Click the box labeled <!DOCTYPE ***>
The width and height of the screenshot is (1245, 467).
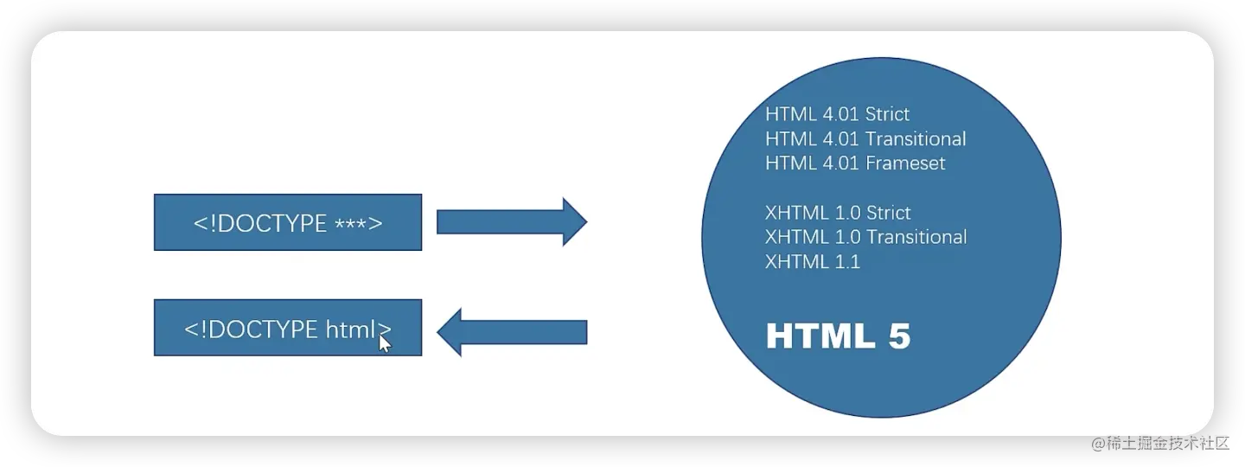point(287,222)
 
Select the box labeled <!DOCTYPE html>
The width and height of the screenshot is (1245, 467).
point(287,328)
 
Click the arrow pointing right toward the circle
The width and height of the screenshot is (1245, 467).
point(511,222)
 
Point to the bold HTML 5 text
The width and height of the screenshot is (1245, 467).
point(838,336)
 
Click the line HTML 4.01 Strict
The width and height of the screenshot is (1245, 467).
point(837,114)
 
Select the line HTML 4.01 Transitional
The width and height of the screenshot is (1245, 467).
point(865,138)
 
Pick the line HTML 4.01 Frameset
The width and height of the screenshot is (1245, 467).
point(855,163)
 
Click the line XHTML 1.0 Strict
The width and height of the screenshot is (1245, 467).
point(838,213)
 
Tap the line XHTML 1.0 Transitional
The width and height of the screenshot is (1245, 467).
point(865,237)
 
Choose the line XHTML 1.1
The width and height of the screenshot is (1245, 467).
point(813,261)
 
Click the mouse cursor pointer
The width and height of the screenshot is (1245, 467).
point(385,343)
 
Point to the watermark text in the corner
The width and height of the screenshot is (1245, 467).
point(1159,442)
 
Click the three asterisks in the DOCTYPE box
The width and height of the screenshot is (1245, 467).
point(349,222)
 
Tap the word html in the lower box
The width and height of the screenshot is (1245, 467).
point(352,329)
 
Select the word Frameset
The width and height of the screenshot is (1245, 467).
point(904,163)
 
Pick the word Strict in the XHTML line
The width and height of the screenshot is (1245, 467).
point(888,213)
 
